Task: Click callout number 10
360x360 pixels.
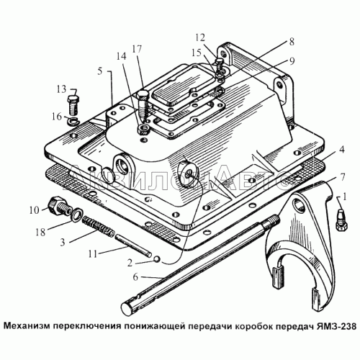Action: tap(33, 210)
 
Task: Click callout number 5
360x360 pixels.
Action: tap(102, 73)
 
